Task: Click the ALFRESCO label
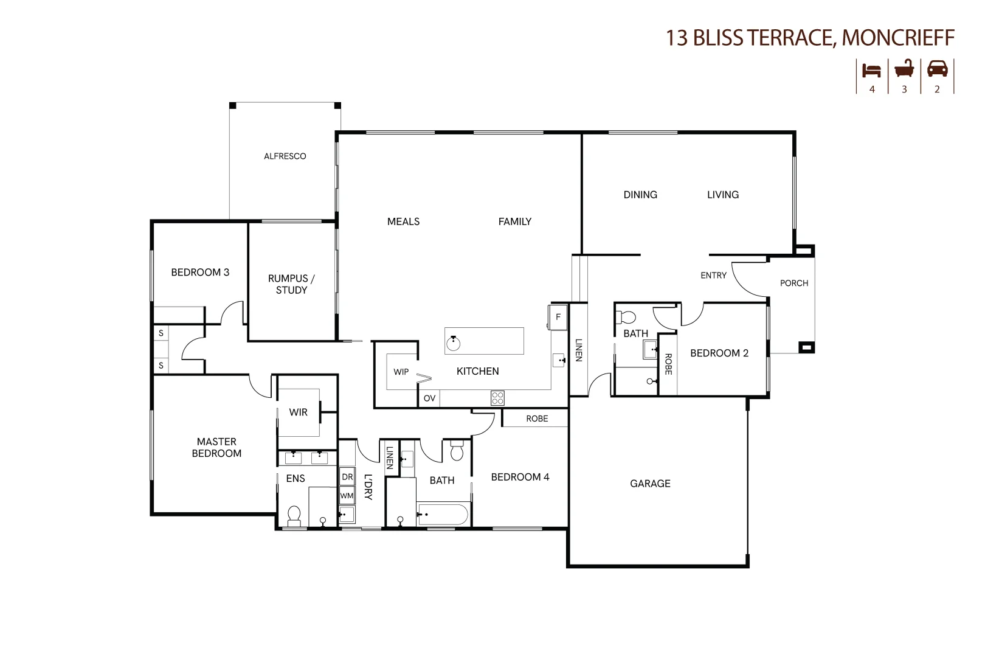click(285, 156)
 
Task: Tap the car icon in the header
click(937, 69)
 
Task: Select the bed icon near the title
click(871, 71)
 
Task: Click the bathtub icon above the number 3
click(904, 69)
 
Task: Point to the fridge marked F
click(558, 317)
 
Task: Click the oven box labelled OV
click(429, 398)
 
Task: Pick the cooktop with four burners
click(497, 398)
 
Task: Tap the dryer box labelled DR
click(347, 476)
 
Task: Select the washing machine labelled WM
click(347, 496)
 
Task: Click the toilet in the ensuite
click(294, 516)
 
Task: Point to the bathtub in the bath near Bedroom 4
click(443, 515)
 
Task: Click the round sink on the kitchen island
click(454, 343)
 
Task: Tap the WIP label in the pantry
click(401, 372)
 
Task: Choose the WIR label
click(298, 412)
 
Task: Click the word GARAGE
click(650, 484)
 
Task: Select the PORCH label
click(794, 283)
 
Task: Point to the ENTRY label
click(713, 276)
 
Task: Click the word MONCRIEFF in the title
click(898, 38)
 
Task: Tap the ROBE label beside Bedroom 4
click(537, 419)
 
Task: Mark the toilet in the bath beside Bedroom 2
click(626, 317)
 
